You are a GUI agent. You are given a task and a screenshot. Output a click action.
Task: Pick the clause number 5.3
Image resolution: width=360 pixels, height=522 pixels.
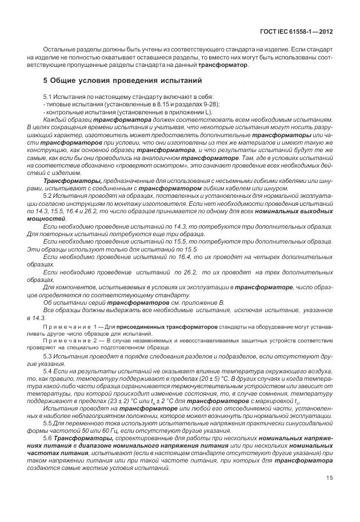pyautogui.click(x=47, y=356)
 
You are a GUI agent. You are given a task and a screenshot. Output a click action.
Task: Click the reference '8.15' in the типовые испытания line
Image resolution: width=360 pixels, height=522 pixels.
pyautogui.click(x=141, y=104)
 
